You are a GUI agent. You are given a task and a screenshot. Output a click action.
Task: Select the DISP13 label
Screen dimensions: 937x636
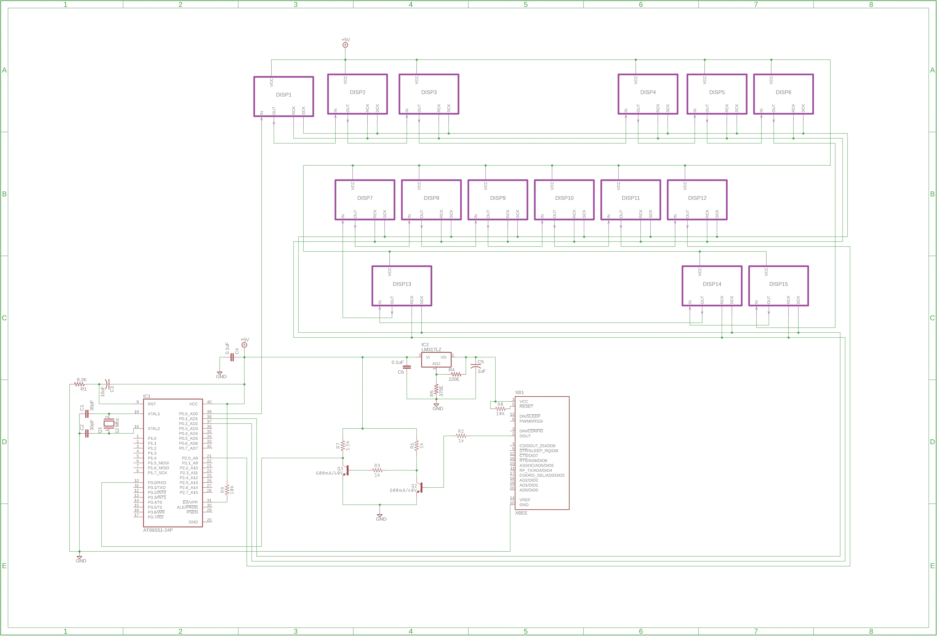tap(402, 284)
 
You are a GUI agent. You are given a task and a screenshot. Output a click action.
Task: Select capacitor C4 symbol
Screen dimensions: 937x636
tap(232, 357)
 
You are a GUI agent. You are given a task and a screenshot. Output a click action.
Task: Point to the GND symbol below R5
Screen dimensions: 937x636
tap(436, 405)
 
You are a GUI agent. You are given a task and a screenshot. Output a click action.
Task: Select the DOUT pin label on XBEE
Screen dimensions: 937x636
tap(525, 436)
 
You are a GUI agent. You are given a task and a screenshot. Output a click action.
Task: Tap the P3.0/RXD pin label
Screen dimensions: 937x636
tap(157, 483)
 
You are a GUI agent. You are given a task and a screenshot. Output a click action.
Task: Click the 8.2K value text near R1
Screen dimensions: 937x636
tap(81, 380)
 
